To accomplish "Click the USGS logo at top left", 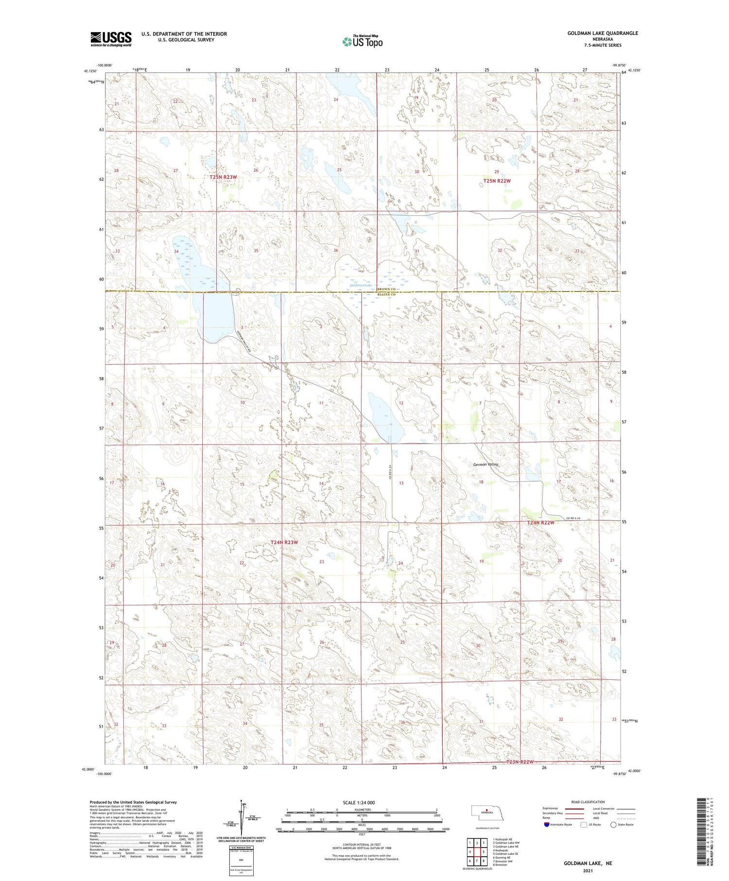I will point(111,39).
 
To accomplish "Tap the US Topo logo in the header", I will point(362,42).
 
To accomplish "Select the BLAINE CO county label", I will point(386,294).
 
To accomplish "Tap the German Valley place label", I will point(486,465).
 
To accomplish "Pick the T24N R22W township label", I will point(541,523).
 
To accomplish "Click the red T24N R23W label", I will point(284,542).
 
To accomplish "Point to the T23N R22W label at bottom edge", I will point(520,761).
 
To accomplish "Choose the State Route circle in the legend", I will point(613,824).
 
